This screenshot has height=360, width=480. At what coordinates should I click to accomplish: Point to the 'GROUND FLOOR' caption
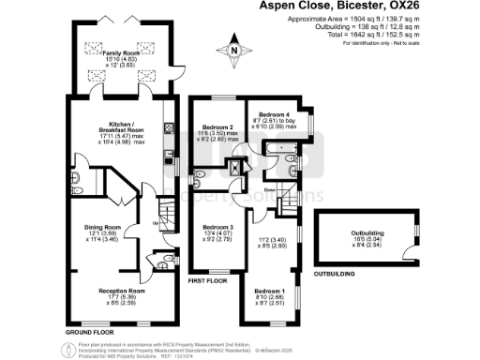(89, 333)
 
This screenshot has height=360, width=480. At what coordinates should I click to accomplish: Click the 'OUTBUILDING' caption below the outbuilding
(334, 275)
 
